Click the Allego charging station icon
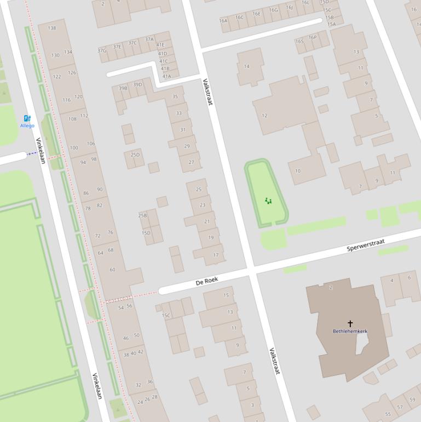[x=27, y=118]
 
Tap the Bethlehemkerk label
[x=350, y=331]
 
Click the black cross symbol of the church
[x=350, y=323]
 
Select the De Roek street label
[x=207, y=281]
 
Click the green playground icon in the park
[x=268, y=201]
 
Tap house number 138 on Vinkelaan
[x=52, y=28]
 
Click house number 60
[x=112, y=270]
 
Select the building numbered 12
[x=264, y=116]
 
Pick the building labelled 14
[x=246, y=66]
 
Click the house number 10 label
[x=297, y=171]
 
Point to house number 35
[x=175, y=96]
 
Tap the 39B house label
[x=123, y=88]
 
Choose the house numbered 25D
[x=135, y=155]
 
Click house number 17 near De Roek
[x=216, y=255]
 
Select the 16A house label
[x=223, y=21]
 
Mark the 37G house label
[x=102, y=51]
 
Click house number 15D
[x=146, y=233]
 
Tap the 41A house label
[x=166, y=76]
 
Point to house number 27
[x=191, y=162]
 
